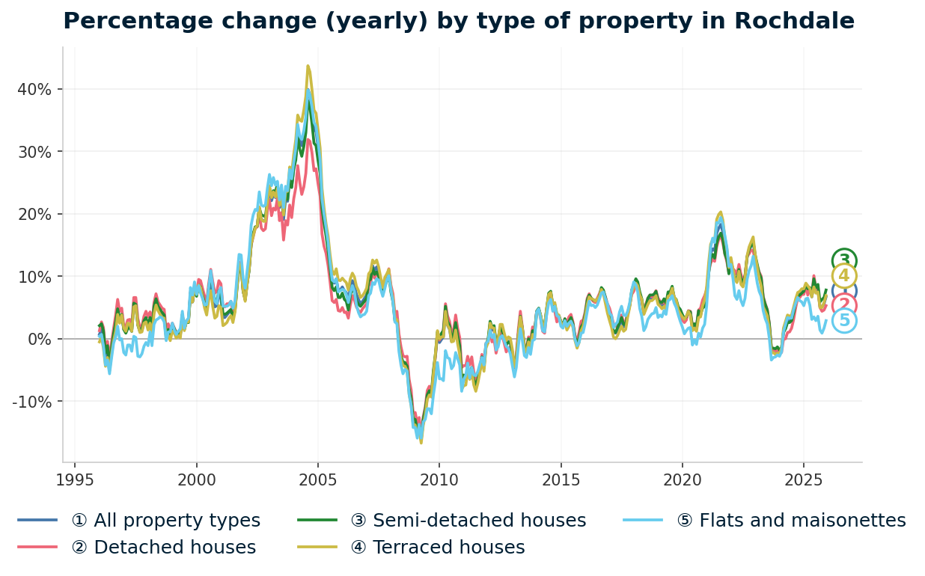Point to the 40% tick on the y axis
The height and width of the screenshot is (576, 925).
[34, 89]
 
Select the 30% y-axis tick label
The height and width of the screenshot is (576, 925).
[34, 152]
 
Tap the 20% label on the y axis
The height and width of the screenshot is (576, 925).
[34, 214]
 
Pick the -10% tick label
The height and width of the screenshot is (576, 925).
[32, 402]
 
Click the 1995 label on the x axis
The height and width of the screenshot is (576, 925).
[75, 480]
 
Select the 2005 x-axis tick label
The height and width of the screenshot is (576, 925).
[318, 480]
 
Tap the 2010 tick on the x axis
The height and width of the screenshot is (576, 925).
[439, 480]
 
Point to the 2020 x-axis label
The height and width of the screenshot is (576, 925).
[682, 480]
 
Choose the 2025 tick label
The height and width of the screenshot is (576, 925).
[803, 480]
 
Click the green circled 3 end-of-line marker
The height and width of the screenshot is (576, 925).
[844, 260]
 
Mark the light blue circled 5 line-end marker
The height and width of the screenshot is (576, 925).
[844, 321]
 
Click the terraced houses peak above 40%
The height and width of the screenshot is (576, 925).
[308, 66]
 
